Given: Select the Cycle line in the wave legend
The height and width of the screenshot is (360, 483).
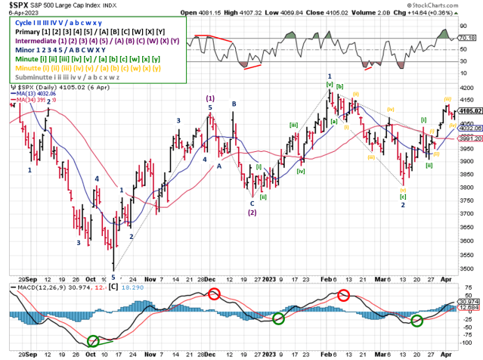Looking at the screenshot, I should click(51, 23).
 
